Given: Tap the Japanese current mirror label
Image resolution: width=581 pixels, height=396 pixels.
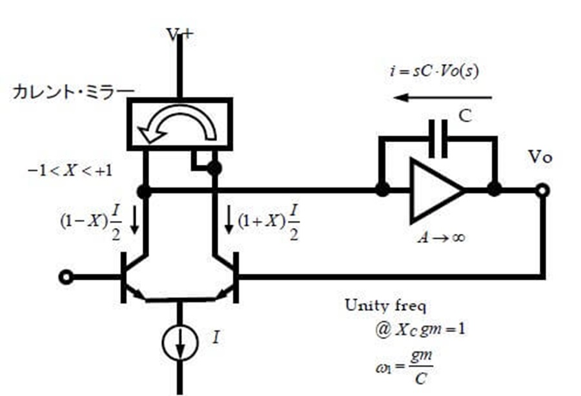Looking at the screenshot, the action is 74,92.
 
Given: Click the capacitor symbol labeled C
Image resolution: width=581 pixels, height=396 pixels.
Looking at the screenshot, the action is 438,139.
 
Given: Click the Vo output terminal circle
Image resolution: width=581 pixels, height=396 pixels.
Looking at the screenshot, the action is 542,191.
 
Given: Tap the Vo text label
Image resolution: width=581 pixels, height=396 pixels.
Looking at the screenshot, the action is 540,157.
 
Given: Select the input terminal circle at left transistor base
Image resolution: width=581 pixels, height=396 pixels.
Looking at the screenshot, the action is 66,277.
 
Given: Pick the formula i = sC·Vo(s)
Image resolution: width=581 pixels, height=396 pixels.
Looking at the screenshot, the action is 434,70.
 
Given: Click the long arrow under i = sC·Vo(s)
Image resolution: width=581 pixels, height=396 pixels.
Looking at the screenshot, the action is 442,98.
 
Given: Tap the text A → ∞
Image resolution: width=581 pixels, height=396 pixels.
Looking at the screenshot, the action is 441,237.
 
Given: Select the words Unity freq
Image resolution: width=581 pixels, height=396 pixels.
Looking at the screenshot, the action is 386,306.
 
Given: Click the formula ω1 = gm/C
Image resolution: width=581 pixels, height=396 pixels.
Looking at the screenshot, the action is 404,367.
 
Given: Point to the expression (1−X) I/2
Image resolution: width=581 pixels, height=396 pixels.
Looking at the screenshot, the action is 91,222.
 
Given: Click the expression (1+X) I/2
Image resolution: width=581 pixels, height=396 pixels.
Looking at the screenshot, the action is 269,222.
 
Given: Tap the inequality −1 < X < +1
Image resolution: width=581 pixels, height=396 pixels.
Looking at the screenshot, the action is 70,171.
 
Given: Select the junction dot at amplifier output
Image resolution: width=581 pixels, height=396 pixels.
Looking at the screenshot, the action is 494,189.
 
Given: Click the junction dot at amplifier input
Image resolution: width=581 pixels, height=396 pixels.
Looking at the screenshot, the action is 382,189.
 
